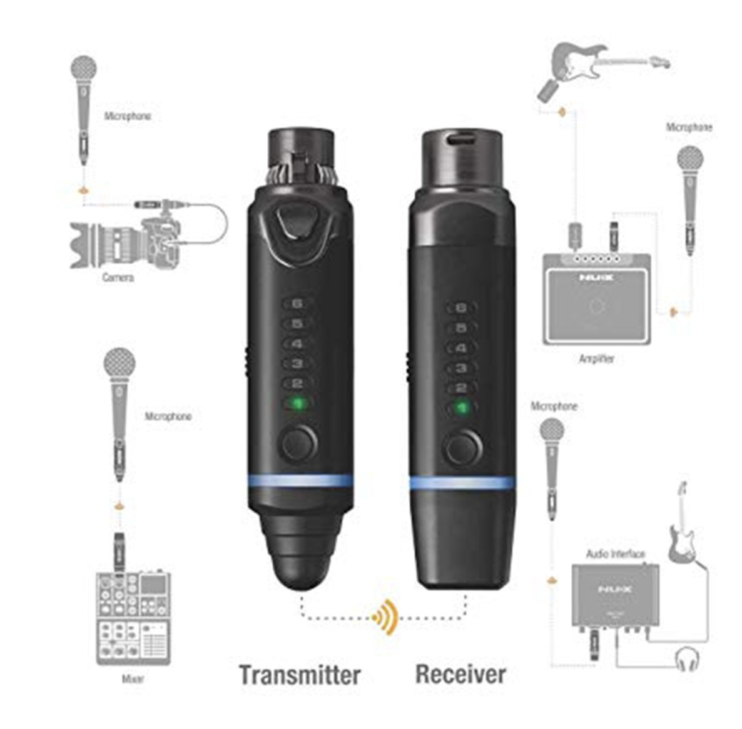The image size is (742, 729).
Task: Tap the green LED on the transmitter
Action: tap(298, 404)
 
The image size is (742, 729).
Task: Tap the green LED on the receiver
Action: tap(461, 409)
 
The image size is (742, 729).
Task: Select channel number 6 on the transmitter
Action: tap(298, 304)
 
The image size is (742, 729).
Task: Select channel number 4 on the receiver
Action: tap(461, 348)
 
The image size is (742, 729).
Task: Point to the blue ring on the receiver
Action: tap(462, 483)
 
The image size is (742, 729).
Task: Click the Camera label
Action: tap(118, 277)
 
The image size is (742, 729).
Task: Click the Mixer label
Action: tap(133, 679)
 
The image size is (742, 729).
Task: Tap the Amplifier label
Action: tap(596, 359)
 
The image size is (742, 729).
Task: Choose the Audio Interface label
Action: tap(615, 554)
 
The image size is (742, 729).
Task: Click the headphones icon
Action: tap(687, 659)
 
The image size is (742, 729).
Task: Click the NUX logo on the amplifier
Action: tap(596, 277)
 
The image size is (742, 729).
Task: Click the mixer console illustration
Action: tap(133, 619)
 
